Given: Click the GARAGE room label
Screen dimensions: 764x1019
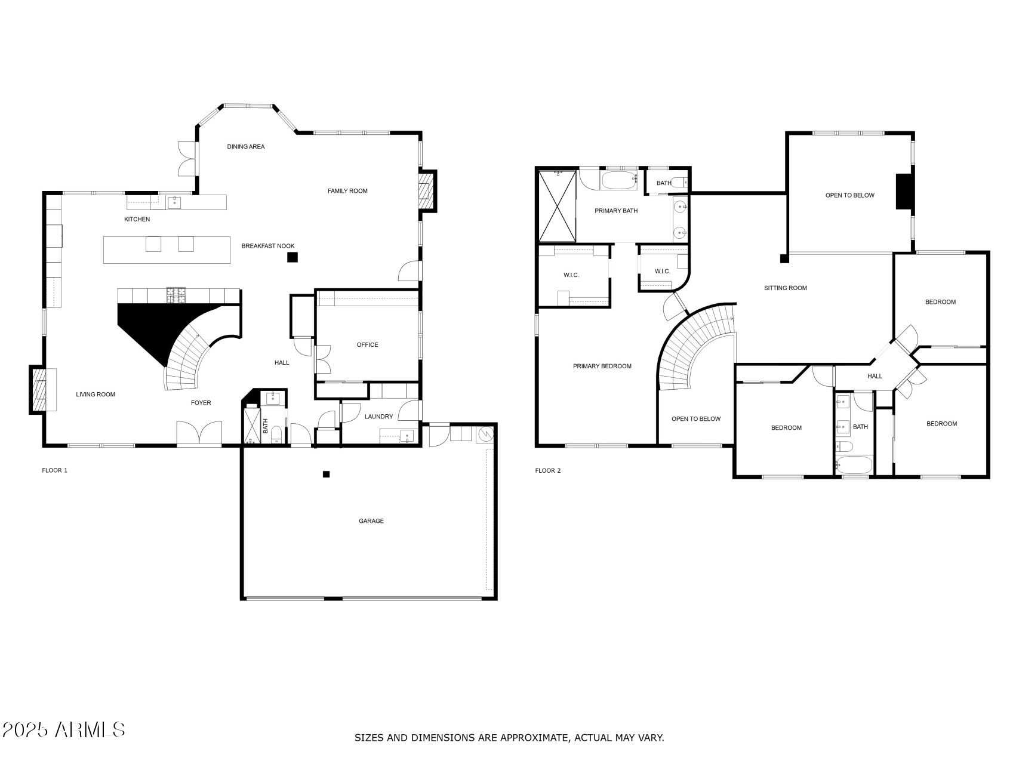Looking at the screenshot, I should [x=371, y=521].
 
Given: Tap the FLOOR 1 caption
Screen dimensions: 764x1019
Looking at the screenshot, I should [x=54, y=470].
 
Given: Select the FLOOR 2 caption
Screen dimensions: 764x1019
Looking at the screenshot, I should [x=547, y=470].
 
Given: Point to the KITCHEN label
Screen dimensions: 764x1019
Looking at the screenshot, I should [x=137, y=219].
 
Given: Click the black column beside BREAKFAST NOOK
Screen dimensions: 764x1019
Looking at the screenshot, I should [x=292, y=257].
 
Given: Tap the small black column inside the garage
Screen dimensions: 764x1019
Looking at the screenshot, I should [x=326, y=475].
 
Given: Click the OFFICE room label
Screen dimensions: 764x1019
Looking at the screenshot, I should [x=367, y=344].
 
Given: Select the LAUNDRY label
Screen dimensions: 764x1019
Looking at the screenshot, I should [x=378, y=417].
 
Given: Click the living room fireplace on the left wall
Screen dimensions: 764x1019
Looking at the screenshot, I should [x=42, y=390].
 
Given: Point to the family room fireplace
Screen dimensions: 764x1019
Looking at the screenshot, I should [x=426, y=191].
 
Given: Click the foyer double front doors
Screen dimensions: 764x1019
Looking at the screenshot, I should [x=199, y=434].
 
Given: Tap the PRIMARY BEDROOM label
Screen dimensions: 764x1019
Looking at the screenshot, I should [x=602, y=366].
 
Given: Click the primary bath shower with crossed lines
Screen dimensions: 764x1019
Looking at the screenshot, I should [x=557, y=205].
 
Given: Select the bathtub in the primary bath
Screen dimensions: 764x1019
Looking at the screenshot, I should [x=619, y=180].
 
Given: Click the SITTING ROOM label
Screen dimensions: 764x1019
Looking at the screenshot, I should [x=785, y=288].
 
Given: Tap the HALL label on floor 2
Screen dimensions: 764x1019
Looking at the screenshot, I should [x=875, y=376].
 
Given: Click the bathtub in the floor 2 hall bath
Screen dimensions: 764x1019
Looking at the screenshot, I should [x=854, y=464].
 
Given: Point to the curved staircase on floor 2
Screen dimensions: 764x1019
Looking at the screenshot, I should [x=692, y=346].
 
